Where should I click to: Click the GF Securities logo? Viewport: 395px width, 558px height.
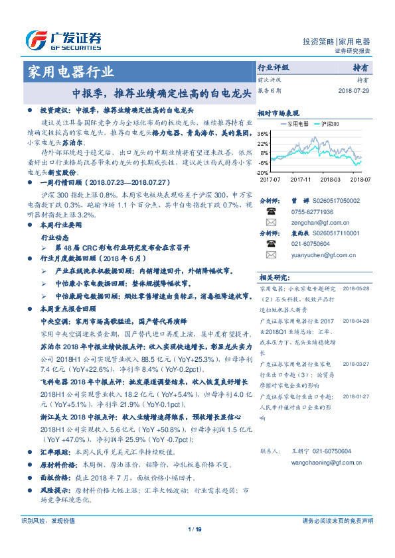pyautogui.click(x=63, y=40)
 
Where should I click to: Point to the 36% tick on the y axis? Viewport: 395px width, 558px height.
pyautogui.click(x=263, y=134)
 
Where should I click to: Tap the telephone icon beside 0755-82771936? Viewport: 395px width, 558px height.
pyautogui.click(x=270, y=211)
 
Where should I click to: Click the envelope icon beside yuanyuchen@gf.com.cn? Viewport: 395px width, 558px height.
pyautogui.click(x=270, y=254)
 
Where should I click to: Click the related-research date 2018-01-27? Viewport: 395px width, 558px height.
pyautogui.click(x=356, y=396)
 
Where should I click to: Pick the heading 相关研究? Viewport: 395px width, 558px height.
pyautogui.click(x=274, y=278)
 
